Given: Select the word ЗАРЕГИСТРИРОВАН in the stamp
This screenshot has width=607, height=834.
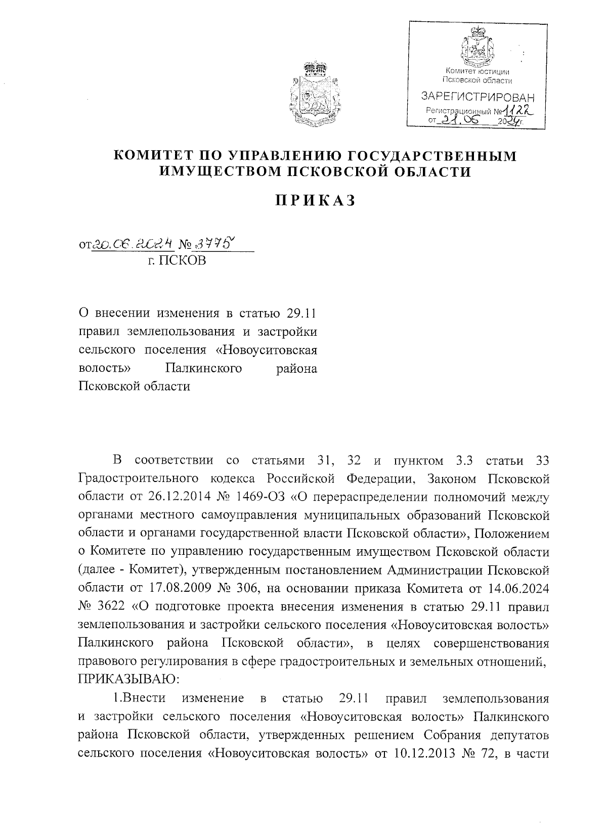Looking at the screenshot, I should pyautogui.click(x=478, y=97).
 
